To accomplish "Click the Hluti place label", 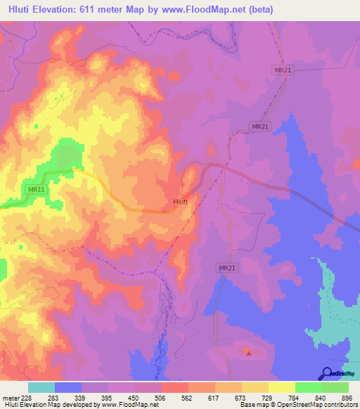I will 180,202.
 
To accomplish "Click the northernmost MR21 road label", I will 281,70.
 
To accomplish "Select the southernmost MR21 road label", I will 226,268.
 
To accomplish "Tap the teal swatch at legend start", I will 41,387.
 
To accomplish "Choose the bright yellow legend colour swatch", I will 281,387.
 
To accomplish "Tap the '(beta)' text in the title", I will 259,10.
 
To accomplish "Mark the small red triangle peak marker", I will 247,353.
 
